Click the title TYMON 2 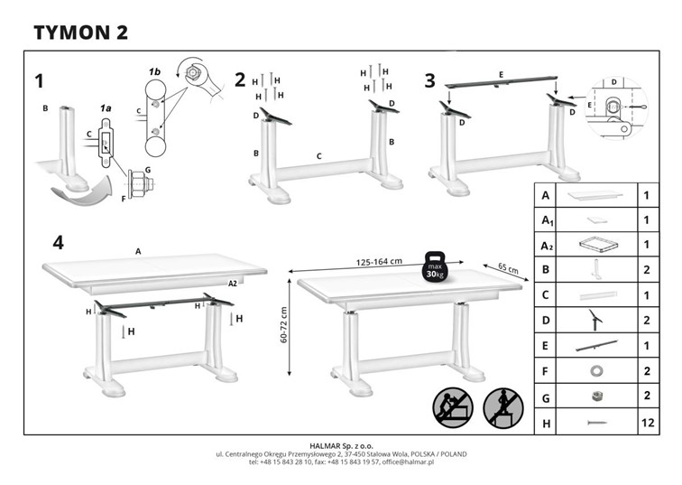click(80, 33)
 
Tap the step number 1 click(39, 81)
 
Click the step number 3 click(429, 80)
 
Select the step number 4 click(58, 242)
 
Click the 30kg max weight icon click(436, 268)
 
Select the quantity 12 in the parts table click(646, 422)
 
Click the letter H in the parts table click(545, 422)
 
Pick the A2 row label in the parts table click(546, 245)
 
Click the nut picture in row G click(595, 396)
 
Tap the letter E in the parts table click(545, 346)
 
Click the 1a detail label click(105, 107)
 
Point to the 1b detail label click(154, 70)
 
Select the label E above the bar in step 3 click(500, 73)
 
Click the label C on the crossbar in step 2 click(319, 156)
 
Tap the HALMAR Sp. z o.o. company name click(341, 445)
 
